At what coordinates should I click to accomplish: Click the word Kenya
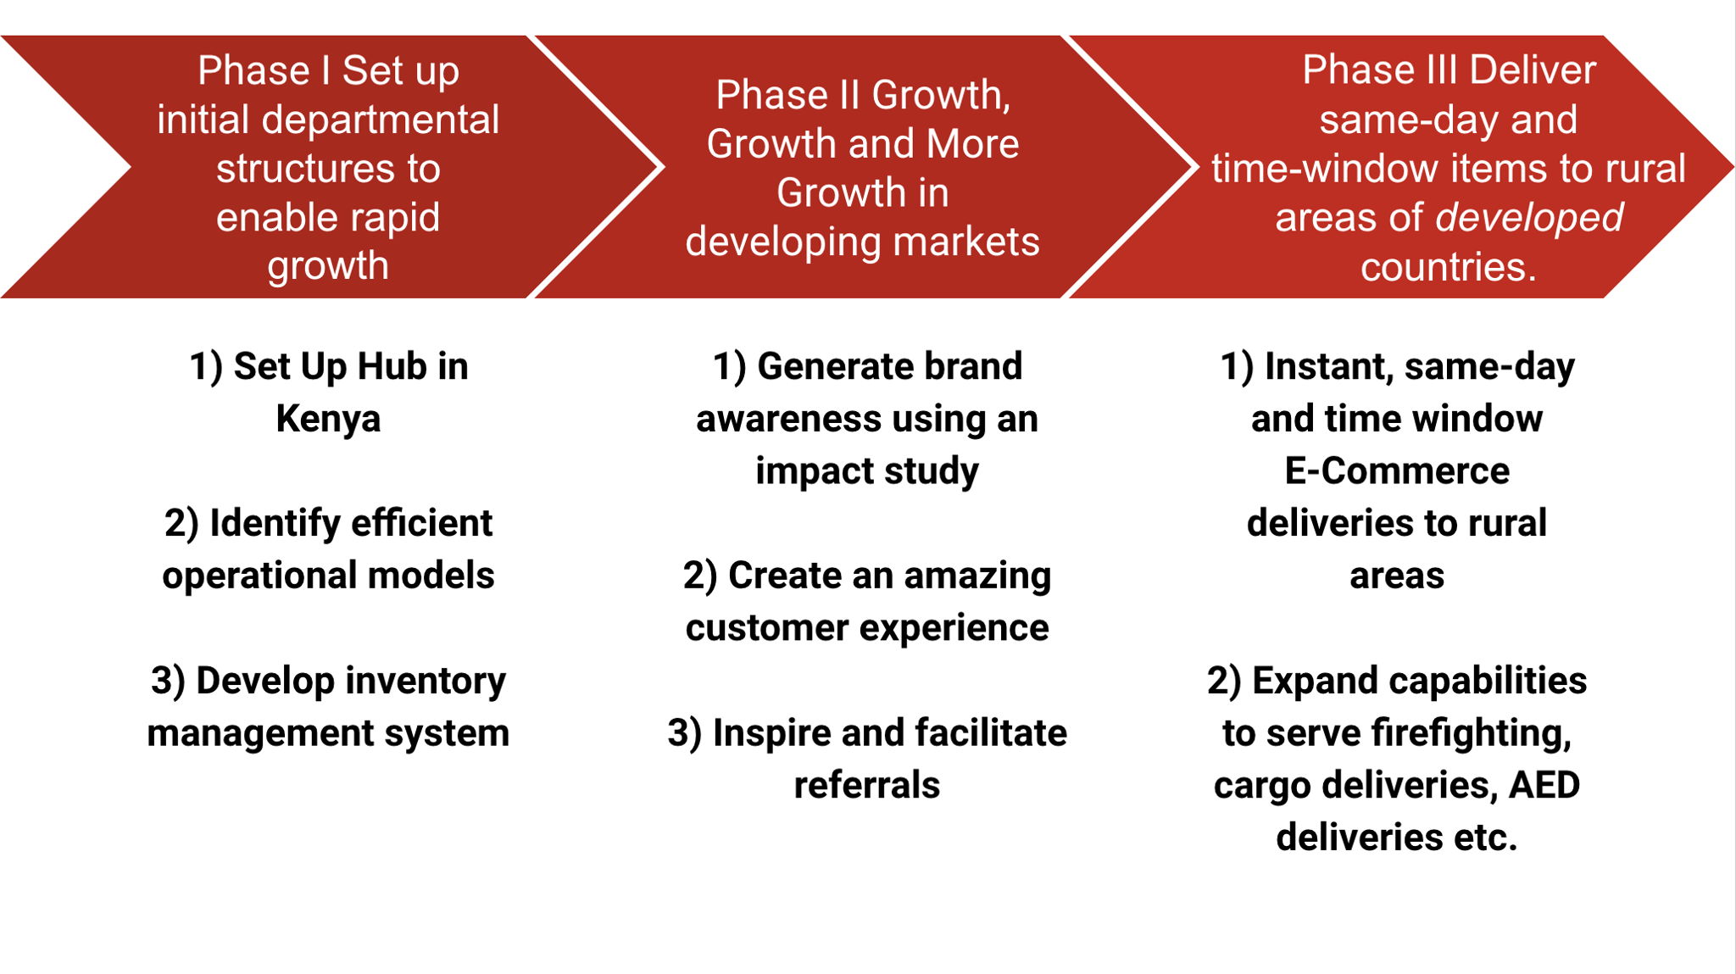point(328,419)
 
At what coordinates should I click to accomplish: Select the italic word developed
point(1529,218)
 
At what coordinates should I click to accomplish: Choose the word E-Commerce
point(1397,470)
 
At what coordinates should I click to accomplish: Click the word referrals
point(867,785)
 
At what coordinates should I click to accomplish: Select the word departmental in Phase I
point(381,120)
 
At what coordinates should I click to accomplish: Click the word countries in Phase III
point(1449,267)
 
